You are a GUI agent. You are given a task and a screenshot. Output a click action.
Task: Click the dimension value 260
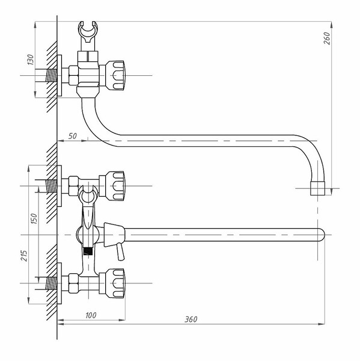click(327, 39)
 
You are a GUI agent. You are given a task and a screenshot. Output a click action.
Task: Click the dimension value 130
click(31, 60)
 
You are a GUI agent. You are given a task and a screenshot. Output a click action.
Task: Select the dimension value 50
click(73, 136)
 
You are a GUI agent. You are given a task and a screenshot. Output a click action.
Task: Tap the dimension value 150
click(34, 219)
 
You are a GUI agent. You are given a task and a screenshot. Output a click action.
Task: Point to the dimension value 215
click(25, 256)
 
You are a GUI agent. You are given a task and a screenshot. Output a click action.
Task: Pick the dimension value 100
click(91, 315)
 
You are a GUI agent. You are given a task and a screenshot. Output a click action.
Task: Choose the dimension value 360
click(191, 319)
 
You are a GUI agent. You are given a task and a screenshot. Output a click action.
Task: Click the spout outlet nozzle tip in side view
click(318, 188)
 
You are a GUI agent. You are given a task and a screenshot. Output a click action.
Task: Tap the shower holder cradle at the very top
click(88, 32)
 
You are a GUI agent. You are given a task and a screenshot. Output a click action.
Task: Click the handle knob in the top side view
click(115, 75)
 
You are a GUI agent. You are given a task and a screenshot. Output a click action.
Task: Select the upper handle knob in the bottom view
click(115, 186)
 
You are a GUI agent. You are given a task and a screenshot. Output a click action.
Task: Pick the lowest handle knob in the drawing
click(115, 283)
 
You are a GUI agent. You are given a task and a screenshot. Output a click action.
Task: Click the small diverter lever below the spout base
click(120, 251)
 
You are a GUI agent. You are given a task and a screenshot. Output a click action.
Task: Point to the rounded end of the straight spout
click(321, 235)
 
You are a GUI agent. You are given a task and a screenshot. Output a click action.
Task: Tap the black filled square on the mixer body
click(88, 251)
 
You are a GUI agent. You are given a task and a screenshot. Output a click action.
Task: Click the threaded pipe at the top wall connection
click(51, 75)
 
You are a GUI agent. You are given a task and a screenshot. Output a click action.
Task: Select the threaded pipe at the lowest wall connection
click(51, 283)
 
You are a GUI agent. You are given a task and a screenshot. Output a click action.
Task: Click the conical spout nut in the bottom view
click(114, 235)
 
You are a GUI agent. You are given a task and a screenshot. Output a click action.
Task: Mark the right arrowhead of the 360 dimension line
click(322, 324)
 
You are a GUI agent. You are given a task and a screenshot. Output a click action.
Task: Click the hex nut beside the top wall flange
click(73, 75)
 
